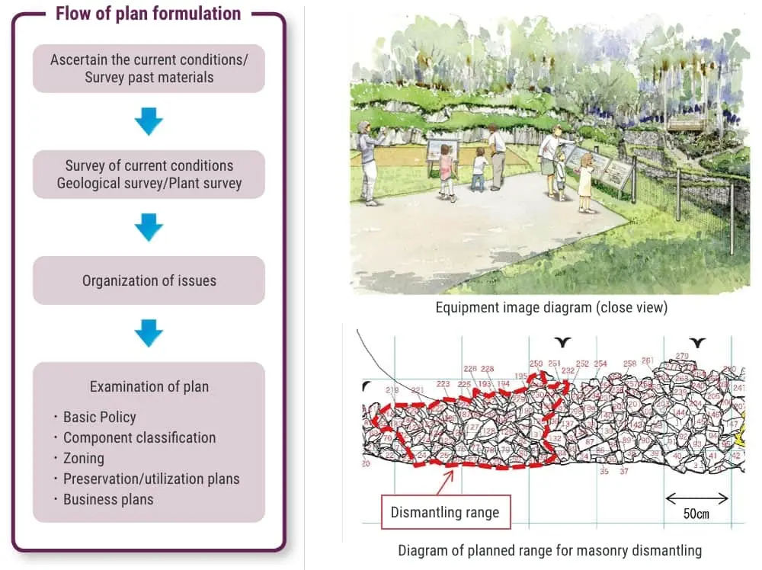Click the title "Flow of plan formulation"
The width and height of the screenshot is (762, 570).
(x=148, y=14)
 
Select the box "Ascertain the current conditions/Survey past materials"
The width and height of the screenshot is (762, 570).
(x=149, y=68)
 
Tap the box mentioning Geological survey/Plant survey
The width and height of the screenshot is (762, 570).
(x=149, y=174)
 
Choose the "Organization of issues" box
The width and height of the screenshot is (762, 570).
(x=149, y=280)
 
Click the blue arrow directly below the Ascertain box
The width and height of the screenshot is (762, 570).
(x=149, y=120)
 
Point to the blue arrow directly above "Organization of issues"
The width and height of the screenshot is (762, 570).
(x=149, y=226)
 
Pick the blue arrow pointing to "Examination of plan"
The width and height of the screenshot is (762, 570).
(x=149, y=332)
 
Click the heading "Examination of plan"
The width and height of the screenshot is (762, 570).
(x=149, y=386)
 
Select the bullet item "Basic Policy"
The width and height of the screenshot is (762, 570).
(x=99, y=417)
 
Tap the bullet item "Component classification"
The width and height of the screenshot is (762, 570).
(x=139, y=437)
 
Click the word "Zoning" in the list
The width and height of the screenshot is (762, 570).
(x=83, y=458)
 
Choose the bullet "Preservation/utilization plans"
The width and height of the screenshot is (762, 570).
(x=151, y=479)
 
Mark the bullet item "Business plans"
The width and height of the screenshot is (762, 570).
(x=108, y=499)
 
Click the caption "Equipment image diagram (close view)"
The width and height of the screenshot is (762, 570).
(x=551, y=308)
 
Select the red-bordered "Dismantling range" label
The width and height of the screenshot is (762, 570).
(x=445, y=512)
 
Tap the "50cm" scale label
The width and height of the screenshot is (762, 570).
(x=696, y=514)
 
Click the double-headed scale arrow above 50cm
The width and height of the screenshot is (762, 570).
(x=696, y=499)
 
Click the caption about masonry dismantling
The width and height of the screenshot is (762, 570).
(x=549, y=550)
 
